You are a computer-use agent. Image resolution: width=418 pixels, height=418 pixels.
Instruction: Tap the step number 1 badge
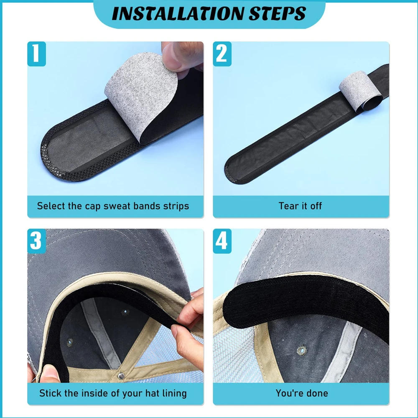pyautogui.click(x=36, y=54)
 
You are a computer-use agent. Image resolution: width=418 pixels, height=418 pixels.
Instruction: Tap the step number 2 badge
pyautogui.click(x=222, y=54)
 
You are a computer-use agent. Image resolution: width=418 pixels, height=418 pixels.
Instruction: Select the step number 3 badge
pyautogui.click(x=36, y=241)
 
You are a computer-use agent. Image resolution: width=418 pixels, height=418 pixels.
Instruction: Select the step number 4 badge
pyautogui.click(x=222, y=241)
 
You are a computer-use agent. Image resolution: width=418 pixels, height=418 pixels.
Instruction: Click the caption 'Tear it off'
pyautogui.click(x=300, y=206)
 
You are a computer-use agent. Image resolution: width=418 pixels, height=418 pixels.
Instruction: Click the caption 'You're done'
pyautogui.click(x=301, y=393)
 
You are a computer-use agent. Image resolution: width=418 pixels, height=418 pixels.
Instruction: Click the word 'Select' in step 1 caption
pyautogui.click(x=49, y=206)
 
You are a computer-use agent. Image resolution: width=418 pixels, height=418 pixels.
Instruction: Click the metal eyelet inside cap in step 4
pyautogui.click(x=301, y=350)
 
